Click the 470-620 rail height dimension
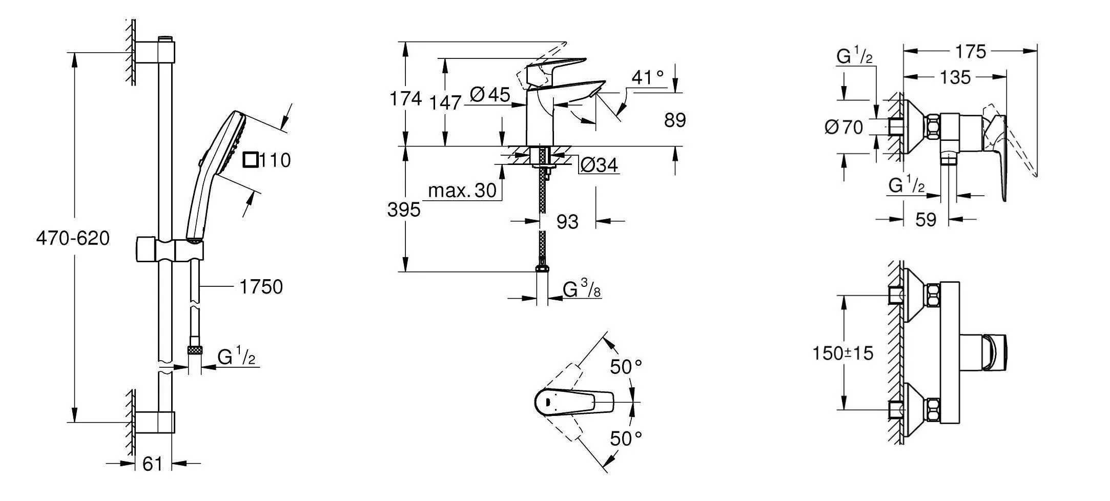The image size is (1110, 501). pos(73,238)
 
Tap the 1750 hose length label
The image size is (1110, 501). pos(261,287)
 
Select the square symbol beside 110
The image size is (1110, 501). pos(250,160)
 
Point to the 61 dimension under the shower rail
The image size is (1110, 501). pos(152,464)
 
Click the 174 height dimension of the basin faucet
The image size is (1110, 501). pos(405,98)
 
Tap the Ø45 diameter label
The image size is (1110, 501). pos(490,95)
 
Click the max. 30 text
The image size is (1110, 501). pos(462,191)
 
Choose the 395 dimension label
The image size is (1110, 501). pos(404,210)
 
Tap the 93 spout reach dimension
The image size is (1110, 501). pos(567,222)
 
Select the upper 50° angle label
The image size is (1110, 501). pos(626,367)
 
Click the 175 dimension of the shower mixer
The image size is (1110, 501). pos(971,52)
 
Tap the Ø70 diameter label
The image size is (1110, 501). pos(844,127)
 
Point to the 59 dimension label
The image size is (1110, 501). pos(926,220)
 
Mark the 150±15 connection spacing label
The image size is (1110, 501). pos(843,353)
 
